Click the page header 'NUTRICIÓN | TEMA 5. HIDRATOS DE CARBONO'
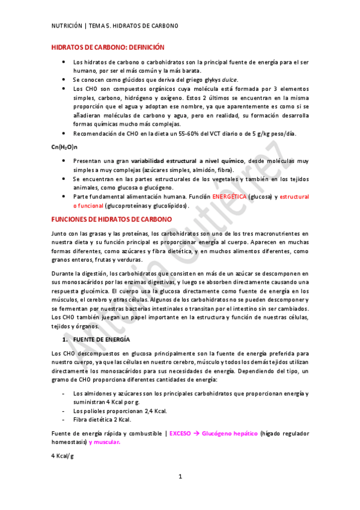click(115, 26)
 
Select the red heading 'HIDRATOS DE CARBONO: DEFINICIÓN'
click(108, 47)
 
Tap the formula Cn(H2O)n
click(65, 147)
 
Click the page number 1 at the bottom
click(180, 494)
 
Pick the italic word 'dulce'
click(228, 79)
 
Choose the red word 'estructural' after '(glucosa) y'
click(294, 197)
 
